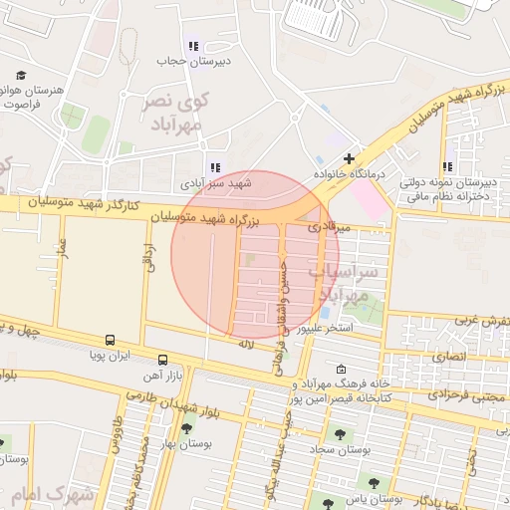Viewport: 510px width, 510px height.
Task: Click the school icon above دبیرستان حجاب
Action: tap(193, 45)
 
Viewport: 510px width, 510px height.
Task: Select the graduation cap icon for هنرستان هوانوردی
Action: tap(21, 76)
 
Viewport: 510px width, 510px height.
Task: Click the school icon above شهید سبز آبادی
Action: tap(214, 167)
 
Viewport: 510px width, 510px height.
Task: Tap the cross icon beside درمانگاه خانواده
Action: tap(348, 158)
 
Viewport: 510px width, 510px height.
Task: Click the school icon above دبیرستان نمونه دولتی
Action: tap(447, 167)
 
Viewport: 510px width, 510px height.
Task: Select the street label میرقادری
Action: tap(329, 228)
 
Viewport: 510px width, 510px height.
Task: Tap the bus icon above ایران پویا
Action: tap(109, 340)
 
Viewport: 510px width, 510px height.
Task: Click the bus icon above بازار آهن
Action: tap(162, 359)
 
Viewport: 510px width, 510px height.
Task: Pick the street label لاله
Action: tap(247, 343)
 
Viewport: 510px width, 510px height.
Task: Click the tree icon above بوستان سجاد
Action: tap(340, 434)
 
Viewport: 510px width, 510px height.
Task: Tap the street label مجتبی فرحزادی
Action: tap(464, 393)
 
